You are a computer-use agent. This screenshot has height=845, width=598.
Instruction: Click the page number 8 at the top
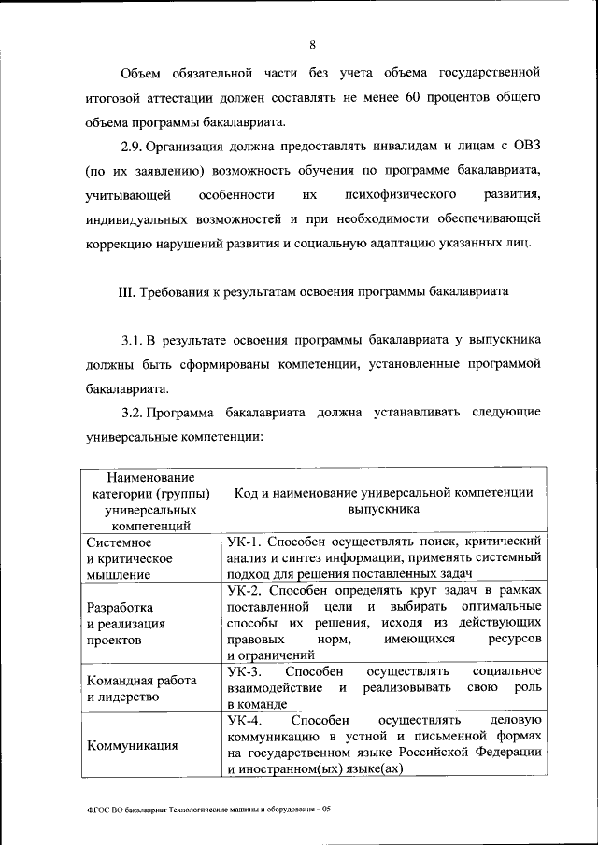click(x=313, y=44)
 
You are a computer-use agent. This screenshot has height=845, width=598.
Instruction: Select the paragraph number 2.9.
click(x=135, y=147)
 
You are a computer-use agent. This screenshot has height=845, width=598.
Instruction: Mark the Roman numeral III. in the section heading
click(x=127, y=291)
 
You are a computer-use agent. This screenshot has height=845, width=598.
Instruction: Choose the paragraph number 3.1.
click(x=135, y=340)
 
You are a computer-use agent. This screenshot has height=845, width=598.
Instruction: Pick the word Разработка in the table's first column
click(x=119, y=607)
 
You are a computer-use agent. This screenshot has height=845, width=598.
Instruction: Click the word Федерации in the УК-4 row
click(x=504, y=753)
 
